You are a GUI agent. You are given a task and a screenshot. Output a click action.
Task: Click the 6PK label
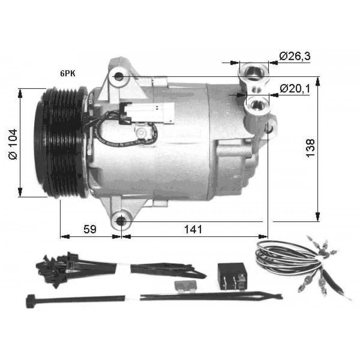point(68,73)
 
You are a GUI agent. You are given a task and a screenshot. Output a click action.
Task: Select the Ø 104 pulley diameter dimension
point(13,144)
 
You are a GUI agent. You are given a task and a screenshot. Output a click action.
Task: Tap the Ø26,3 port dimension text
point(295,56)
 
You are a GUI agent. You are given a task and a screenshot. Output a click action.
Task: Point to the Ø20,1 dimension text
point(295,89)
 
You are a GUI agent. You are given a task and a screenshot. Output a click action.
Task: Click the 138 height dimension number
point(310,148)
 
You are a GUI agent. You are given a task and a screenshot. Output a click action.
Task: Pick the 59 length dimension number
point(90,229)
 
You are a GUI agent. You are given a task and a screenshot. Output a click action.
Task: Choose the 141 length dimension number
point(193,229)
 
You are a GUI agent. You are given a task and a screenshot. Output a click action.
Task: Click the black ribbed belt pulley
point(62,143)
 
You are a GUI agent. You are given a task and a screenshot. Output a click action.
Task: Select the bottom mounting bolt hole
point(121,221)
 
